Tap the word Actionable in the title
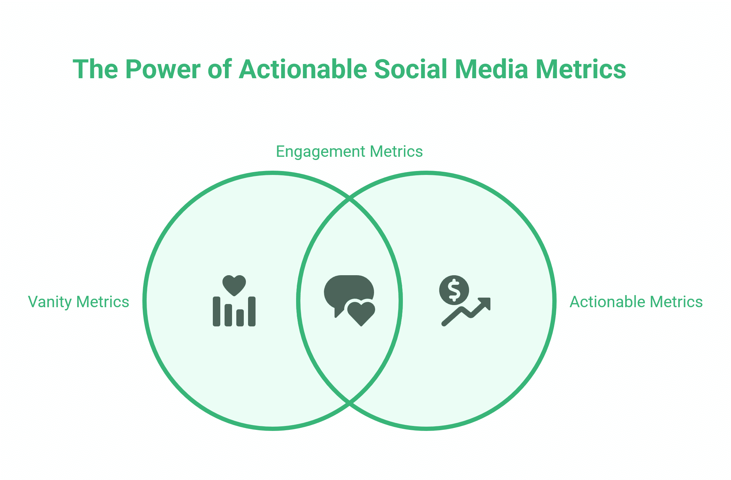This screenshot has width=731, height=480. pos(303,69)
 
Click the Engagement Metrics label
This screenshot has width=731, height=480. pos(349,151)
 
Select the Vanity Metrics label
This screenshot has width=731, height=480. pos(78,302)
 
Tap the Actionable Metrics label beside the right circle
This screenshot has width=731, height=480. pos(636,302)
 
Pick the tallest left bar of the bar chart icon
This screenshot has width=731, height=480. pos(216,311)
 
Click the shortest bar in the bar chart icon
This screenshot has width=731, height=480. pos(240,318)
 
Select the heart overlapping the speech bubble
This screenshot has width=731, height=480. pos(361,312)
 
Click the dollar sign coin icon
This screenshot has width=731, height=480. pos(454,290)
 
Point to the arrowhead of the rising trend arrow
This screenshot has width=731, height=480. pos(486,303)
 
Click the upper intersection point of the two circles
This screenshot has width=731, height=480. pos(349,199)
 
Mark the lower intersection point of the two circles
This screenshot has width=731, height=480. pos(349,402)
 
